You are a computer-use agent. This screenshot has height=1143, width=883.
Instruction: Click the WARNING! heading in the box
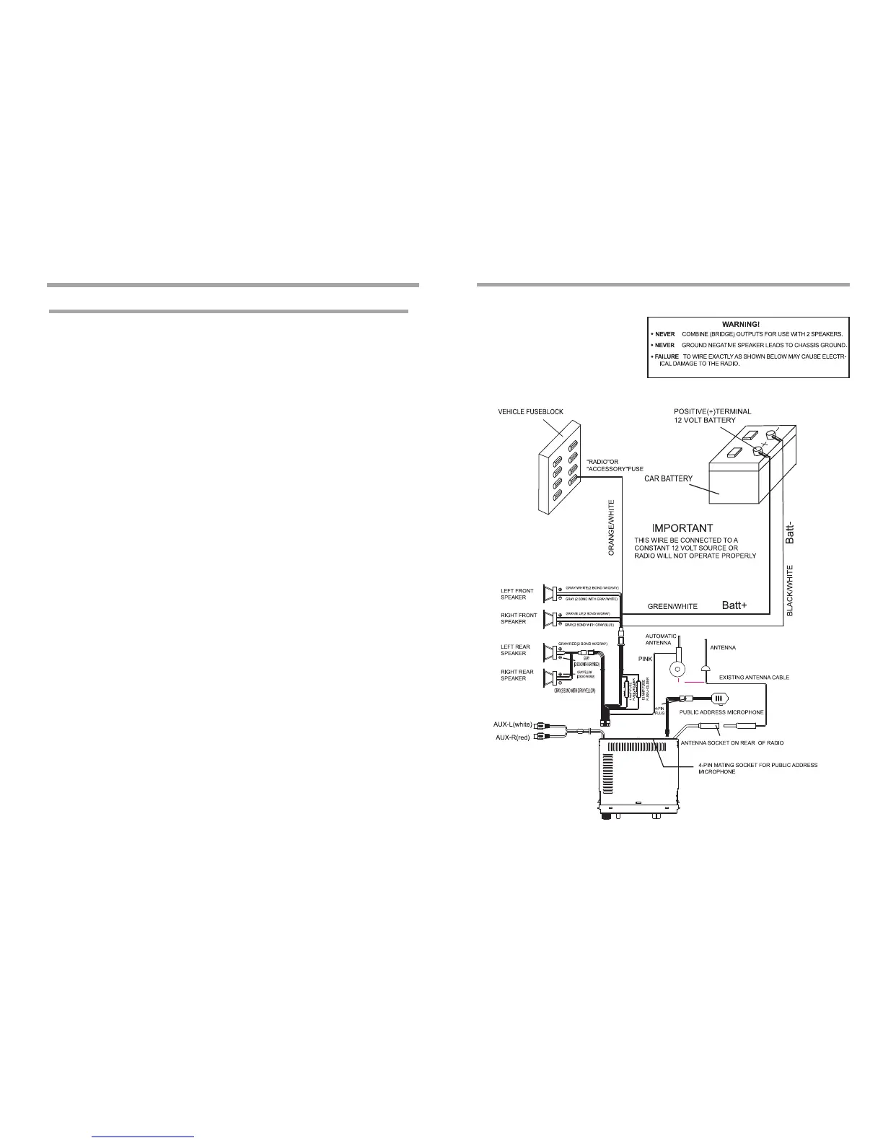(x=746, y=324)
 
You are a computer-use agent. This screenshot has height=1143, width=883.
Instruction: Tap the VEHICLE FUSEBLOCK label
(x=530, y=411)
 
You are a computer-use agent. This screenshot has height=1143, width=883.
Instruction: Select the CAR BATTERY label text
(x=668, y=478)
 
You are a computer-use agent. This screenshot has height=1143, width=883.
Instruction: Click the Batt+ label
(x=739, y=605)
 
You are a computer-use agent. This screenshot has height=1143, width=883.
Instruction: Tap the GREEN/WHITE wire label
(x=672, y=607)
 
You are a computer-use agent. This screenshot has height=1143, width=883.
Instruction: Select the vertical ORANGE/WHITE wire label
(x=611, y=527)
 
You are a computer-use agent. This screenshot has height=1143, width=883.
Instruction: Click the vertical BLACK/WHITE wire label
(x=790, y=590)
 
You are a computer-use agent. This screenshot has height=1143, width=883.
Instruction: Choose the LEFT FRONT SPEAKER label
(x=517, y=595)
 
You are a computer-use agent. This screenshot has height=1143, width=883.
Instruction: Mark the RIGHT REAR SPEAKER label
(x=517, y=675)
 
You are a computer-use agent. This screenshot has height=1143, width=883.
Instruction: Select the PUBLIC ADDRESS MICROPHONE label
(x=721, y=712)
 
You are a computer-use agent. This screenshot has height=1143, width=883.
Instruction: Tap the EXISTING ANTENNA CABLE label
(x=754, y=678)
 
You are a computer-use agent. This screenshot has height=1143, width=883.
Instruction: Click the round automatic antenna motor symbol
(x=677, y=667)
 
